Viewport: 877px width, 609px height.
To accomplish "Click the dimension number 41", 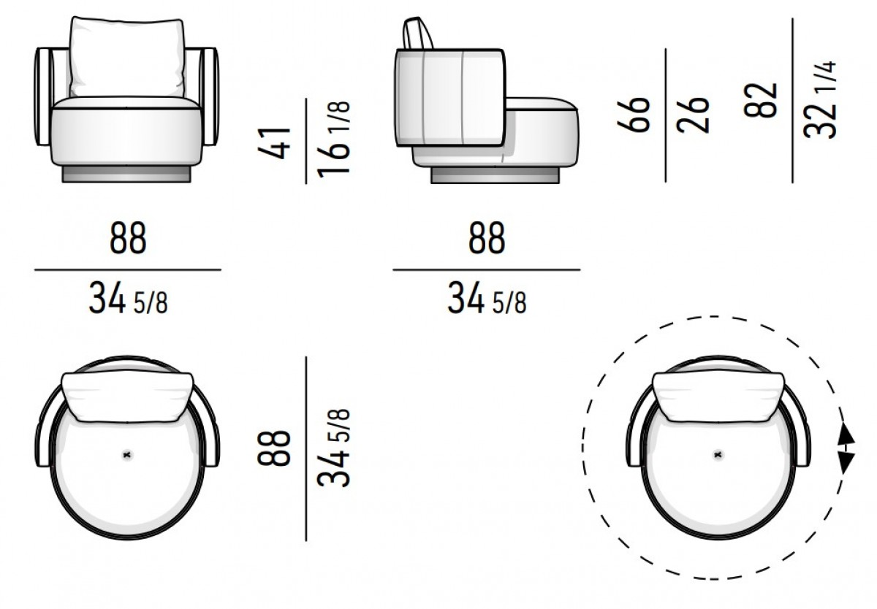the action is pyautogui.click(x=275, y=143).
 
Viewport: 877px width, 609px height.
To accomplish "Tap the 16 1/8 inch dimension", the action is pyautogui.click(x=333, y=140).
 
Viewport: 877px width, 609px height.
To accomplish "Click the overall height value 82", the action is pyautogui.click(x=760, y=100).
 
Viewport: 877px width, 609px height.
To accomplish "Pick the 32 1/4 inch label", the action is pyautogui.click(x=819, y=100).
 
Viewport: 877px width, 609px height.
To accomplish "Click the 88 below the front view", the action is pyautogui.click(x=128, y=238).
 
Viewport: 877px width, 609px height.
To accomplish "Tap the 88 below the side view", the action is pyautogui.click(x=487, y=238).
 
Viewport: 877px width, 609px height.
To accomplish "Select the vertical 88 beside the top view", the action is pyautogui.click(x=273, y=448).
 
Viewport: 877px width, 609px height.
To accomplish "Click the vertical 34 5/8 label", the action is pyautogui.click(x=333, y=448).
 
